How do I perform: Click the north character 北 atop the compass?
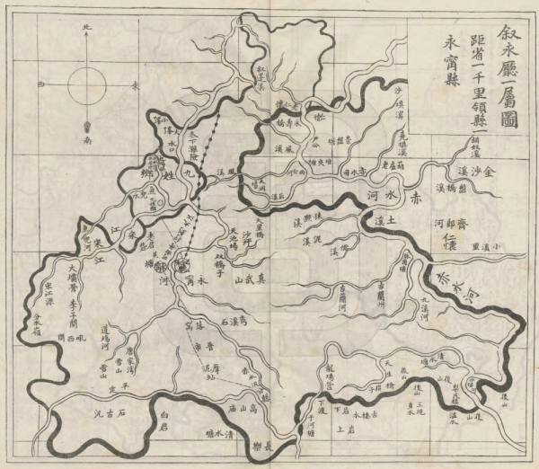(x=86, y=28)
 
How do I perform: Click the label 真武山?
(x=252, y=280)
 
